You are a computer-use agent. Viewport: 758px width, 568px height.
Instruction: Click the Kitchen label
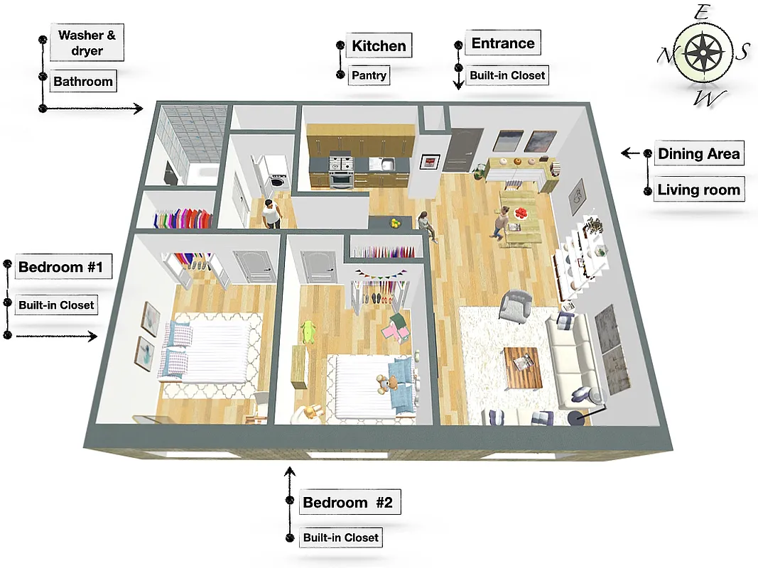tap(379, 46)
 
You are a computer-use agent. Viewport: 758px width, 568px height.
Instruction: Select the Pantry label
tap(369, 75)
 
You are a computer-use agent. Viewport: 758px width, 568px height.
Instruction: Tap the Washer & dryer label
tap(87, 43)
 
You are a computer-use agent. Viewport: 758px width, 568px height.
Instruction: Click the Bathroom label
tap(83, 82)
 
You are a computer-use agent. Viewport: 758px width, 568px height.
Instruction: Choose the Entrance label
tap(502, 43)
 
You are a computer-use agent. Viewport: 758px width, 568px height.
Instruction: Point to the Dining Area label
tap(698, 154)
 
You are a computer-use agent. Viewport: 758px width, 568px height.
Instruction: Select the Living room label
tap(698, 190)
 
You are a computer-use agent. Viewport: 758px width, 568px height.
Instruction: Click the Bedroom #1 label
tap(61, 268)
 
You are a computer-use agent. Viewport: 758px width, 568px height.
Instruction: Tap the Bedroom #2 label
tap(347, 503)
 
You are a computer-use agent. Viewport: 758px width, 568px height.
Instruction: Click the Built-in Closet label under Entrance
tap(507, 75)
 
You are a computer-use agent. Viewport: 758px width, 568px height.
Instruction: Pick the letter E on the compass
tap(702, 12)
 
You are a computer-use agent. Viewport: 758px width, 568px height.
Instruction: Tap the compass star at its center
tap(702, 53)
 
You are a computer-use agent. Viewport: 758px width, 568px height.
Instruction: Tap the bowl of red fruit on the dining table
tap(524, 213)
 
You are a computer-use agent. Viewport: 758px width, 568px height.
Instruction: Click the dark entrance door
tap(465, 151)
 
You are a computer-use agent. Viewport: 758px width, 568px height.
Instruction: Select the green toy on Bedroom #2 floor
tap(308, 332)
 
